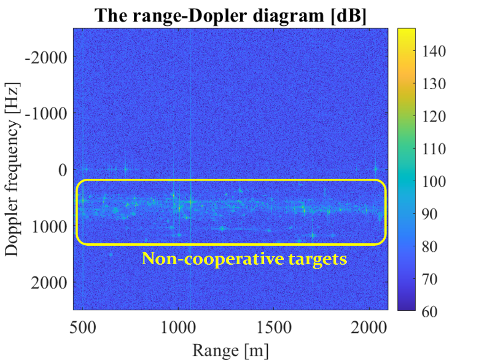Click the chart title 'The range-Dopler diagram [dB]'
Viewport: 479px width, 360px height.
tap(230, 15)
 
